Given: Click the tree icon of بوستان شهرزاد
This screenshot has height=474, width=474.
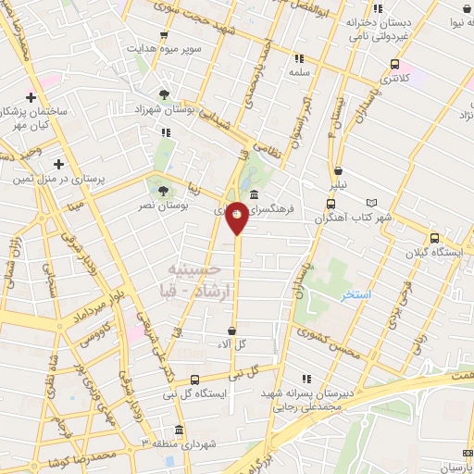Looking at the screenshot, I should click(165, 94).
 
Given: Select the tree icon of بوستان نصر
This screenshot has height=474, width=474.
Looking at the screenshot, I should click(163, 191).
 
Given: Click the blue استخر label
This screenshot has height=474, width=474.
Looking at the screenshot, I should click(354, 293).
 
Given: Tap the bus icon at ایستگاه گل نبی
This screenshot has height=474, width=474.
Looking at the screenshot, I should click(194, 379).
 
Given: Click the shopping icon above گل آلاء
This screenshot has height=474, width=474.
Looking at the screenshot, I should click(232, 331).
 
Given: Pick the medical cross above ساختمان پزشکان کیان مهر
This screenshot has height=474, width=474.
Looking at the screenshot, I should click(31, 97).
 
